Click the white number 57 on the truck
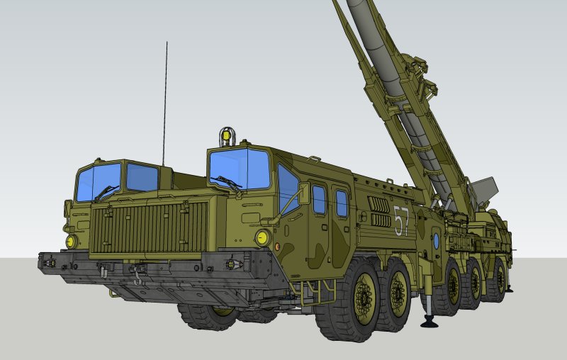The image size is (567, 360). pyautogui.click(x=401, y=220)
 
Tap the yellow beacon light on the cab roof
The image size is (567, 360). pyautogui.click(x=226, y=136)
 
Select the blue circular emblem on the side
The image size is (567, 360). pyautogui.click(x=436, y=241)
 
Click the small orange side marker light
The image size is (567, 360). pyautogui.click(x=277, y=247)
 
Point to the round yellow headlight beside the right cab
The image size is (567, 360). pyautogui.click(x=263, y=238)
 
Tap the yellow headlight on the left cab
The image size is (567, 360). pyautogui.click(x=72, y=242)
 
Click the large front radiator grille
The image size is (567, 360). pyautogui.click(x=150, y=227)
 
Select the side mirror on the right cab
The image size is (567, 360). pyautogui.click(x=304, y=193)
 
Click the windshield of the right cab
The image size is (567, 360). pyautogui.click(x=240, y=169)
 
